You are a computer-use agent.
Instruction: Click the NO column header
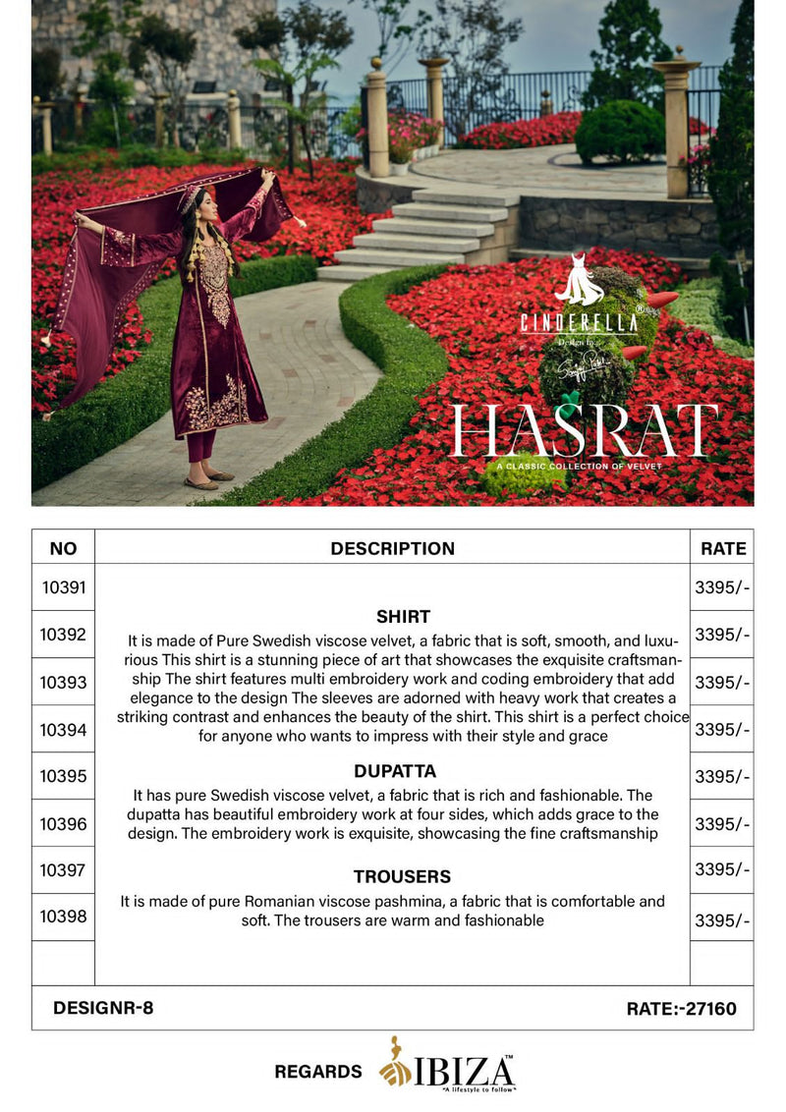pyautogui.click(x=63, y=548)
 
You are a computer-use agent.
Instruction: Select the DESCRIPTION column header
pyautogui.click(x=392, y=548)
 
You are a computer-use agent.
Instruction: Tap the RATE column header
pyautogui.click(x=723, y=548)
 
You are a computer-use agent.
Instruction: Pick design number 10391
pyautogui.click(x=64, y=587)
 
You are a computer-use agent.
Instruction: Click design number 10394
pyautogui.click(x=64, y=729)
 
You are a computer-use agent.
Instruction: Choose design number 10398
pyautogui.click(x=64, y=917)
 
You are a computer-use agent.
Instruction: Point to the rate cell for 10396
pyautogui.click(x=722, y=823)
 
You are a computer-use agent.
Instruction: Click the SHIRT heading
pyautogui.click(x=403, y=617)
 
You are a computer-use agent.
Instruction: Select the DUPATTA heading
pyautogui.click(x=395, y=771)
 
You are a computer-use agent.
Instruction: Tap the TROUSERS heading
pyautogui.click(x=403, y=876)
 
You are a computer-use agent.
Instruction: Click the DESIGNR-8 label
pyautogui.click(x=103, y=1007)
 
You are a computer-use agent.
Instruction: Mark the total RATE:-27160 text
pyautogui.click(x=681, y=1008)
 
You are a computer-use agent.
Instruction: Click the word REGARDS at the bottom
pyautogui.click(x=318, y=1071)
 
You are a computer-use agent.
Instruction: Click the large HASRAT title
pyautogui.click(x=584, y=430)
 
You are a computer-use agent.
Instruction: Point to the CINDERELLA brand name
pyautogui.click(x=580, y=321)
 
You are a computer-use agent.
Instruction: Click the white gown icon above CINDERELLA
pyautogui.click(x=580, y=281)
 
